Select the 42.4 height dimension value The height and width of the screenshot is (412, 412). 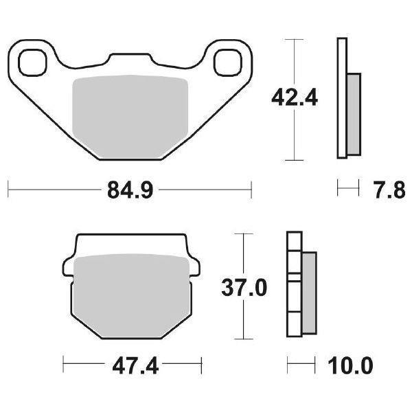click(x=296, y=99)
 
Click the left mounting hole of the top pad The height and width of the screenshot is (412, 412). click(x=30, y=62)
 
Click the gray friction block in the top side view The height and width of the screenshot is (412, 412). click(x=353, y=113)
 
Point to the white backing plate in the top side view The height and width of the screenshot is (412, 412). click(x=341, y=100)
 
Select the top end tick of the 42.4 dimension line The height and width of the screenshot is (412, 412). click(x=294, y=40)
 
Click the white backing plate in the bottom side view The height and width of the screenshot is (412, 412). click(x=293, y=285)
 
